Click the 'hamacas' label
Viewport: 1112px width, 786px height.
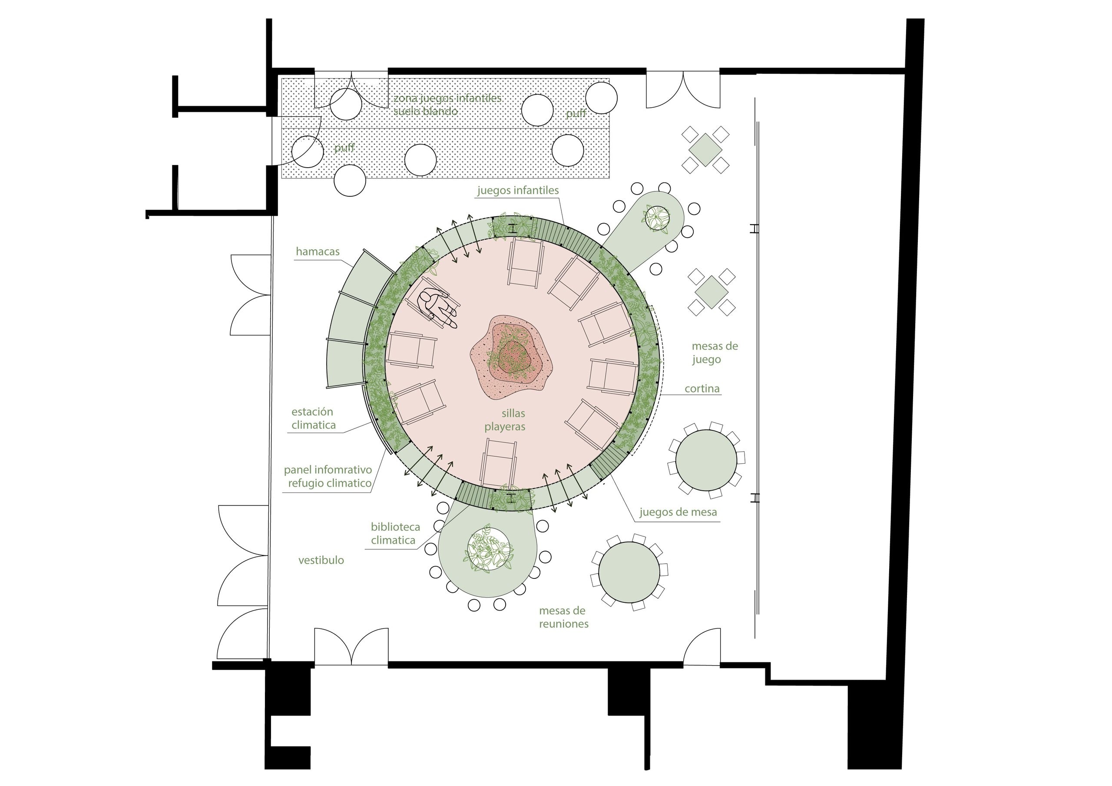coord(318,251)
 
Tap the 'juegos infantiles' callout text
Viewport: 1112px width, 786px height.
coord(518,190)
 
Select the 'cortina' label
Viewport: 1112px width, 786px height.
coord(702,388)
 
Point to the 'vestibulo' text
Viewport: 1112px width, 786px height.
coord(321,560)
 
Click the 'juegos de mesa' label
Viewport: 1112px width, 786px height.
coord(678,512)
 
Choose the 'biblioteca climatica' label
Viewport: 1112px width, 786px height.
coord(395,534)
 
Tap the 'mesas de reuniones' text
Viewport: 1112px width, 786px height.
coord(564,618)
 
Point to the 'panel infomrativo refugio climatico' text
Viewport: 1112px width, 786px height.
coord(328,476)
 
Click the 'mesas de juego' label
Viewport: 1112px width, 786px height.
coord(715,353)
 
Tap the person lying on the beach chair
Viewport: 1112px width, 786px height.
coord(437,307)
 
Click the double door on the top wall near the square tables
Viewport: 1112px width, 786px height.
coord(683,89)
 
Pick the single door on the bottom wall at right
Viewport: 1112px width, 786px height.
coord(702,647)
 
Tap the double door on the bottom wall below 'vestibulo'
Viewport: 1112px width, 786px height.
coord(351,647)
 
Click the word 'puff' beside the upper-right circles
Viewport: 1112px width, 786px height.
coord(576,113)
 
